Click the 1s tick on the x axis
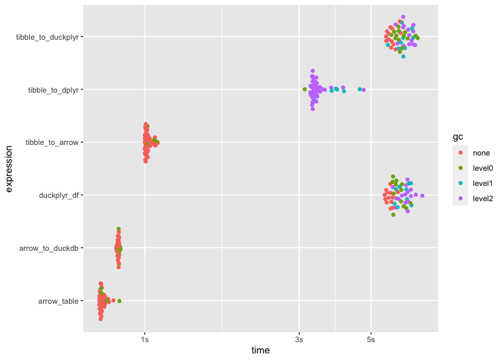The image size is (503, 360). click(145, 340)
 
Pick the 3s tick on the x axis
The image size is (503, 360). click(299, 340)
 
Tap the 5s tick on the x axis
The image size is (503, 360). click(371, 340)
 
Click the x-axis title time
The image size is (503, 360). click(261, 351)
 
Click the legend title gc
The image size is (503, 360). click(457, 136)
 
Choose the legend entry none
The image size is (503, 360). click(480, 153)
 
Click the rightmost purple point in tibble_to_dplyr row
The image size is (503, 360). click(363, 90)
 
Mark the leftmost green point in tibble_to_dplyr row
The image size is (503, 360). click(304, 89)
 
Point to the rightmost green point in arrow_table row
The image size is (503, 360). click(119, 301)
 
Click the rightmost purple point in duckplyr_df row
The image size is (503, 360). click(422, 196)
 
